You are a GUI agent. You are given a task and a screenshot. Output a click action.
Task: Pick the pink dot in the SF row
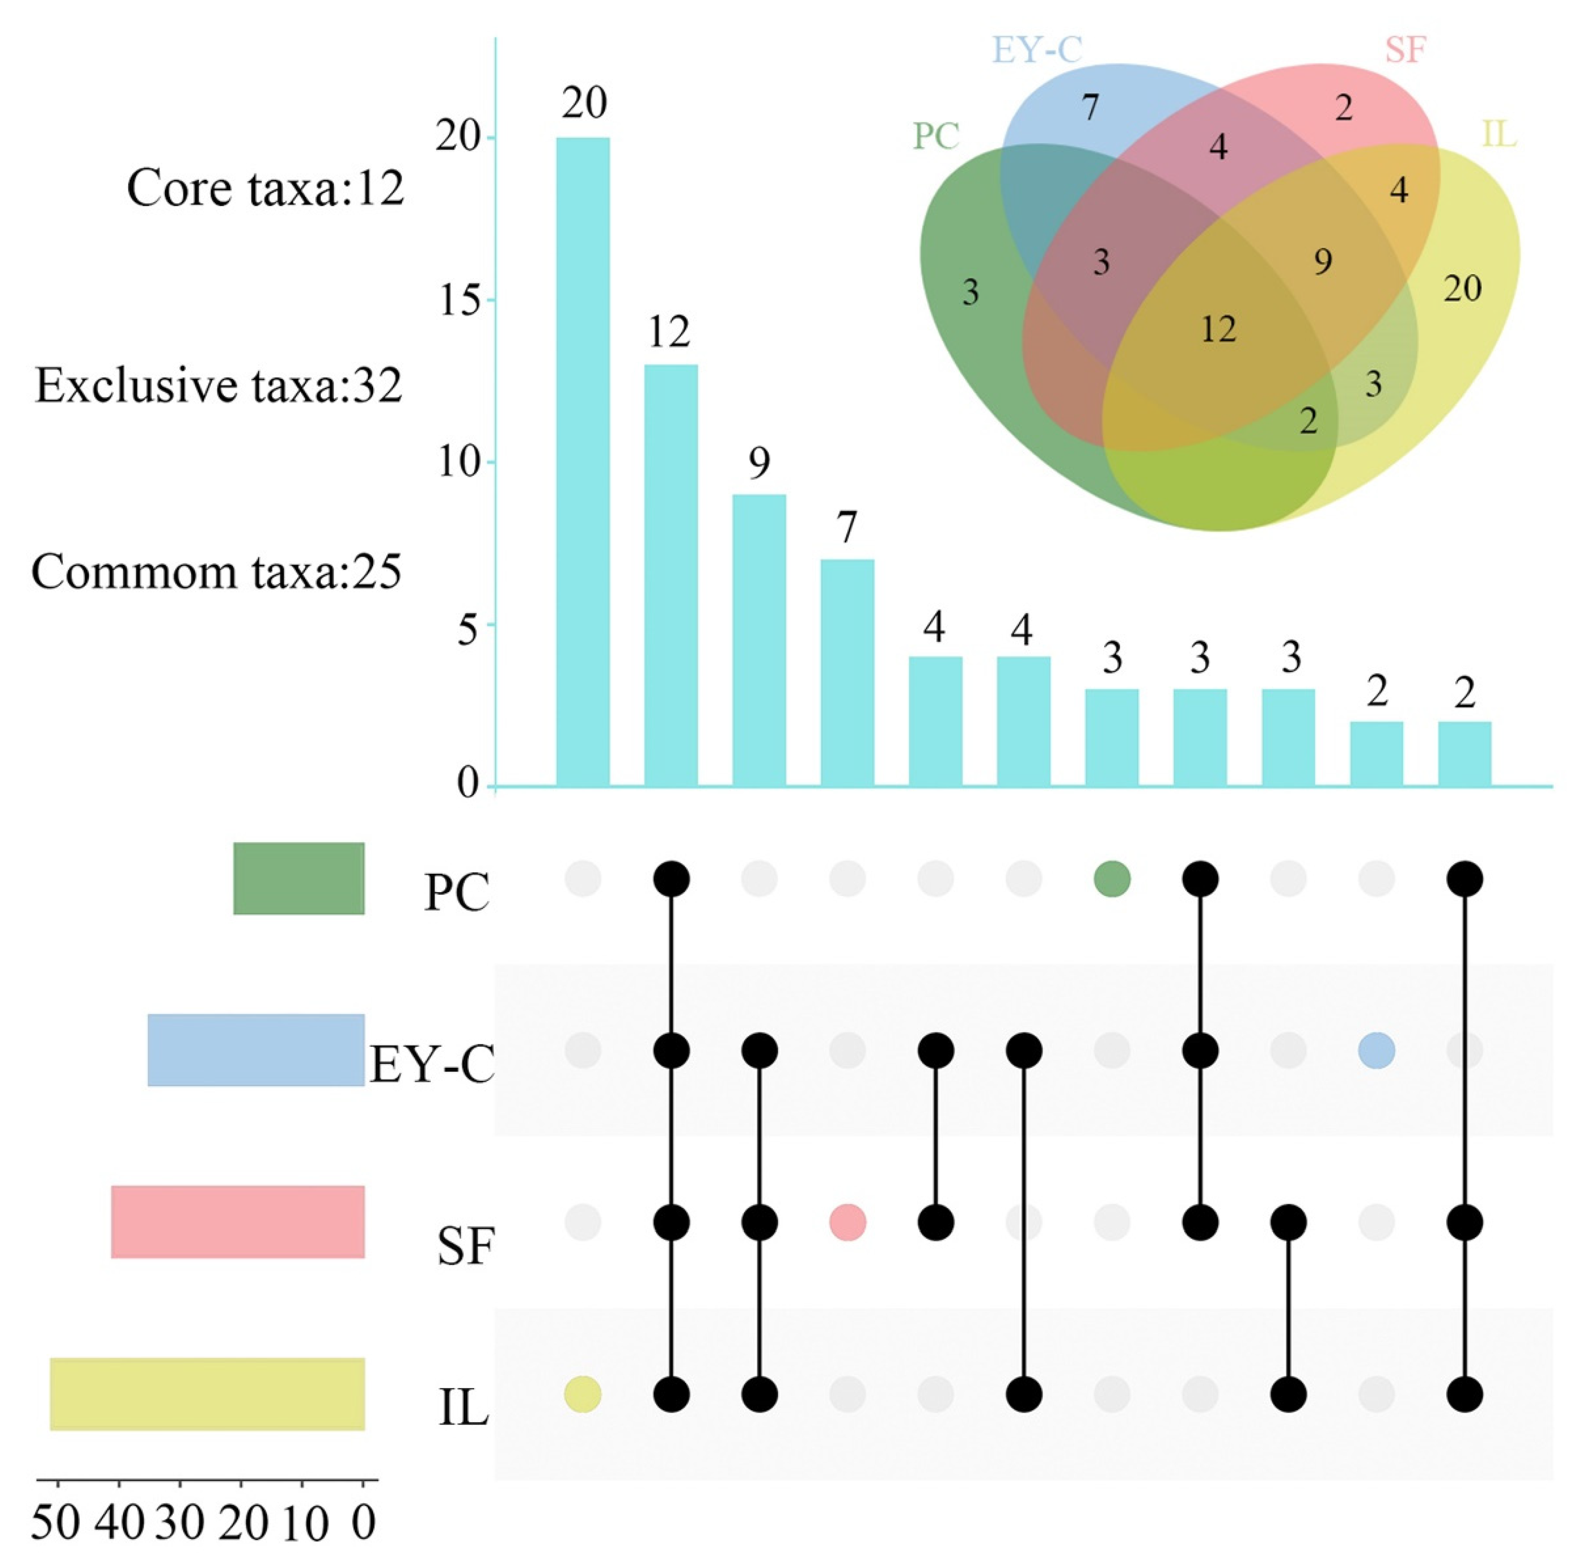[847, 1222]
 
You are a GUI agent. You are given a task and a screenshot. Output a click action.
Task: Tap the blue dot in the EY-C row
[1376, 1051]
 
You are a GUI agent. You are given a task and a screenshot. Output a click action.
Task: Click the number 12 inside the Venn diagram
[1218, 329]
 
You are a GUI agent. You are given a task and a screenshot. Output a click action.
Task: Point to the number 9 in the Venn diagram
[1323, 262]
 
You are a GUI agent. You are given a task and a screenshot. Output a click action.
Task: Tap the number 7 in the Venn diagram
[1090, 107]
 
